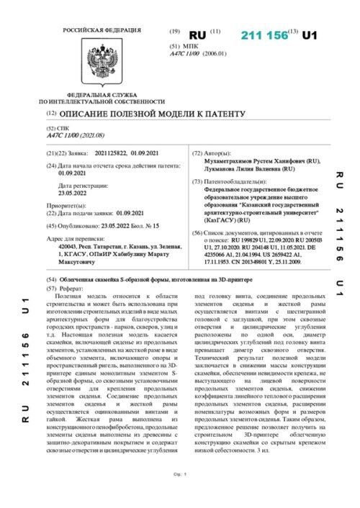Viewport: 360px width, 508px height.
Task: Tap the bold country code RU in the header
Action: (197, 35)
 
